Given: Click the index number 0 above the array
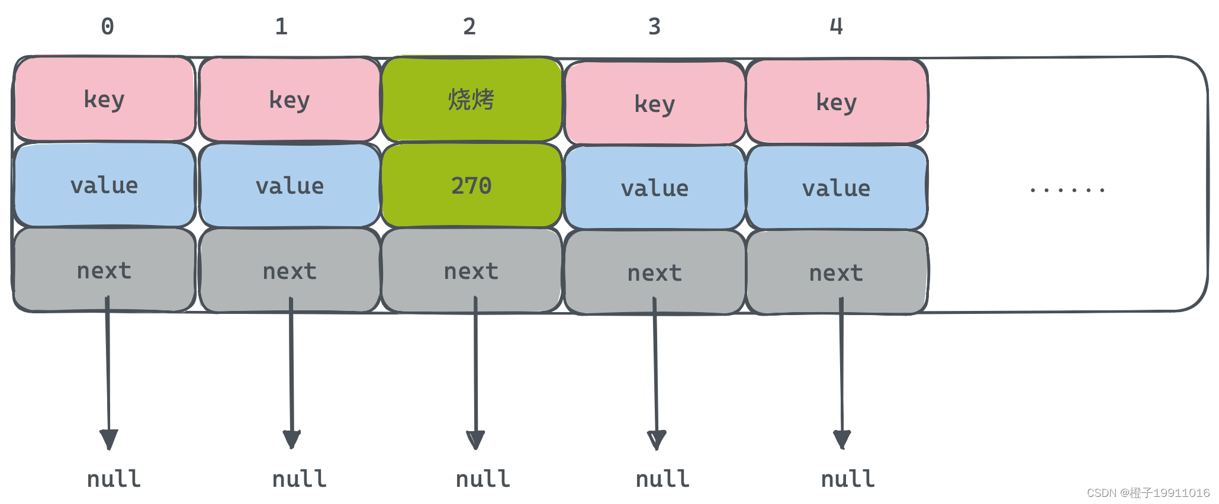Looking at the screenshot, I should point(107,27).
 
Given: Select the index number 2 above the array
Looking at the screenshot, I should point(469,27).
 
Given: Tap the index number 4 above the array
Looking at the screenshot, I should point(836,27).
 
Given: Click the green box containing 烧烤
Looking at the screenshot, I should point(471,99).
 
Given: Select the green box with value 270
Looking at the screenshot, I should point(471,185).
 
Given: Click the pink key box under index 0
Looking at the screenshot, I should point(104,99).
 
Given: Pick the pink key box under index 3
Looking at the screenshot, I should point(654,104).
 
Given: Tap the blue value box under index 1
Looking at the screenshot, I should point(290,186).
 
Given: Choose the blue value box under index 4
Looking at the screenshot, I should point(836,188).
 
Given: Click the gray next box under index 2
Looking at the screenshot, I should point(471,271).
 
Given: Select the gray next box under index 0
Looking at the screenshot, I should point(104,271).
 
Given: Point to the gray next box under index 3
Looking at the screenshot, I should point(654,273).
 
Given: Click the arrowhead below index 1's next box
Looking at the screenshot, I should point(291,439).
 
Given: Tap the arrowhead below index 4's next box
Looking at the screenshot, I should point(842,439).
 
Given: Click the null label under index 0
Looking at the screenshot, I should point(114,479).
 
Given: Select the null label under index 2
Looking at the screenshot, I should point(483,479).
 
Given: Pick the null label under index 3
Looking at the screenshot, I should point(662,479).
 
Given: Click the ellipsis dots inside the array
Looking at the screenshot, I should point(1067,190).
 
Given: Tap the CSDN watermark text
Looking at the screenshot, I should point(1148,493).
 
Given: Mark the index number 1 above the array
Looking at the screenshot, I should point(281,27).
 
